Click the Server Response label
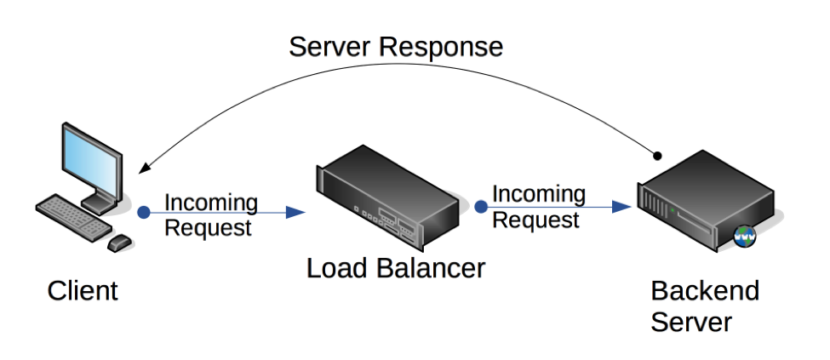tap(396, 46)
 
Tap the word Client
tap(83, 291)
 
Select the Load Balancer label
tap(396, 268)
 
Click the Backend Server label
tap(704, 306)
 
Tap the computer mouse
tap(119, 243)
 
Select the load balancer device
tap(387, 196)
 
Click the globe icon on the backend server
tap(746, 237)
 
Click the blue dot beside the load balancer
tap(481, 206)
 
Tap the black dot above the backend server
tap(656, 156)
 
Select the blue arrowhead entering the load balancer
tap(296, 213)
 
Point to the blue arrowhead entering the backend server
tap(623, 206)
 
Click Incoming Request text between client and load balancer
tap(209, 215)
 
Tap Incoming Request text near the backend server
tap(538, 207)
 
